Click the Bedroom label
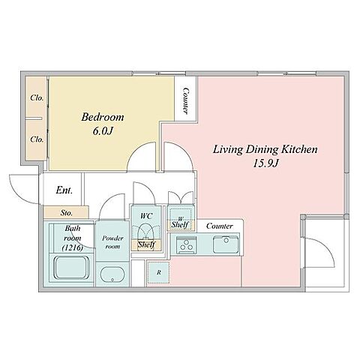pos(103,117)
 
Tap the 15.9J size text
pos(265,163)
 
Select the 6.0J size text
pos(103,131)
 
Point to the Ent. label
pos(64,190)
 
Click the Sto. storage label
pos(67,213)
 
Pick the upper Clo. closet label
pos(37,97)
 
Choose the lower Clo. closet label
pos(37,139)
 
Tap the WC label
pos(146,216)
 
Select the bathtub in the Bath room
pos(72,268)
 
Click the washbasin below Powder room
pos(112,274)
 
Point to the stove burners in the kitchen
pos(185,245)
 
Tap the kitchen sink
pos(226,244)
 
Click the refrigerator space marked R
pos(158,272)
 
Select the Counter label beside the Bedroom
pos(186,100)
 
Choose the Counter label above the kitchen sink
pos(220,226)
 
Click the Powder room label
pos(112,242)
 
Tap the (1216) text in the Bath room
pos(73,248)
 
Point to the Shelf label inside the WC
pos(146,244)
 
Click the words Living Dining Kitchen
pos(265,149)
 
